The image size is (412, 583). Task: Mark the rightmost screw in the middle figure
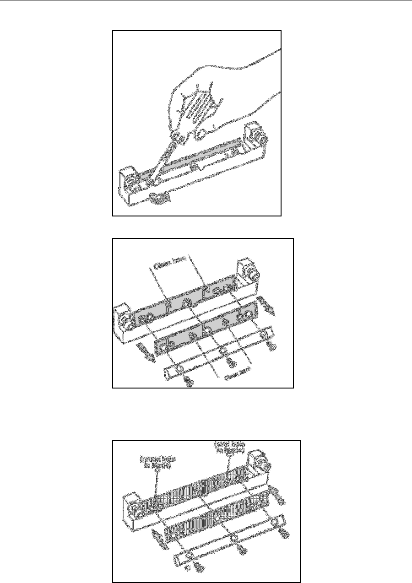(272, 346)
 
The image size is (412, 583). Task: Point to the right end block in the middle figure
(247, 275)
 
